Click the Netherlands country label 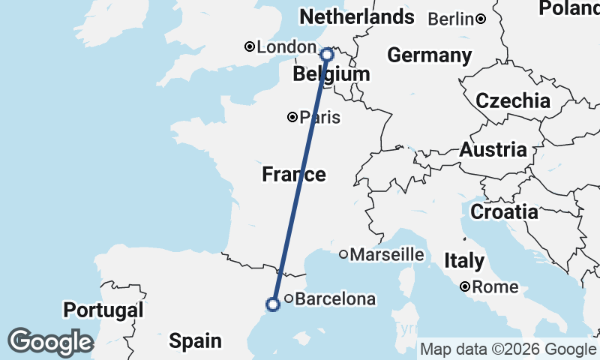pyautogui.click(x=356, y=16)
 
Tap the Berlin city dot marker pyautogui.click(x=480, y=19)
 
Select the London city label pyautogui.click(x=286, y=47)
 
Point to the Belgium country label pyautogui.click(x=331, y=74)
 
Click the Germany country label pyautogui.click(x=429, y=55)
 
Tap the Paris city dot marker pyautogui.click(x=292, y=117)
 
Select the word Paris pyautogui.click(x=320, y=118)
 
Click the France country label pyautogui.click(x=294, y=175)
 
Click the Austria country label pyautogui.click(x=493, y=150)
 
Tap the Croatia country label pyautogui.click(x=504, y=212)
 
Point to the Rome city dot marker pyautogui.click(x=466, y=286)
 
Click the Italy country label pyautogui.click(x=463, y=261)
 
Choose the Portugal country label pyautogui.click(x=103, y=310)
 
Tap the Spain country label pyautogui.click(x=195, y=341)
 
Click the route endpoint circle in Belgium pyautogui.click(x=327, y=54)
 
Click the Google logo pyautogui.click(x=50, y=342)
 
